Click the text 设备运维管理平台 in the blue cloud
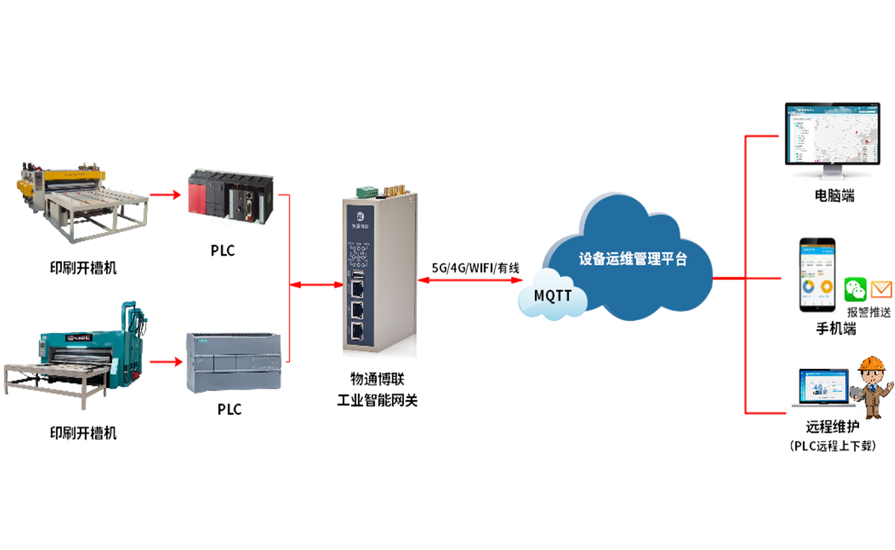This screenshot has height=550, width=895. pyautogui.click(x=632, y=259)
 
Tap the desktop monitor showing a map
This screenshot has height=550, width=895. pyautogui.click(x=829, y=137)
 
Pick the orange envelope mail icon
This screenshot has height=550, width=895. pyautogui.click(x=882, y=291)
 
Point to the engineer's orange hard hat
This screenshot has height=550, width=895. pyautogui.click(x=870, y=363)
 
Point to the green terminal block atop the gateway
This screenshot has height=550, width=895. pyautogui.click(x=366, y=190)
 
